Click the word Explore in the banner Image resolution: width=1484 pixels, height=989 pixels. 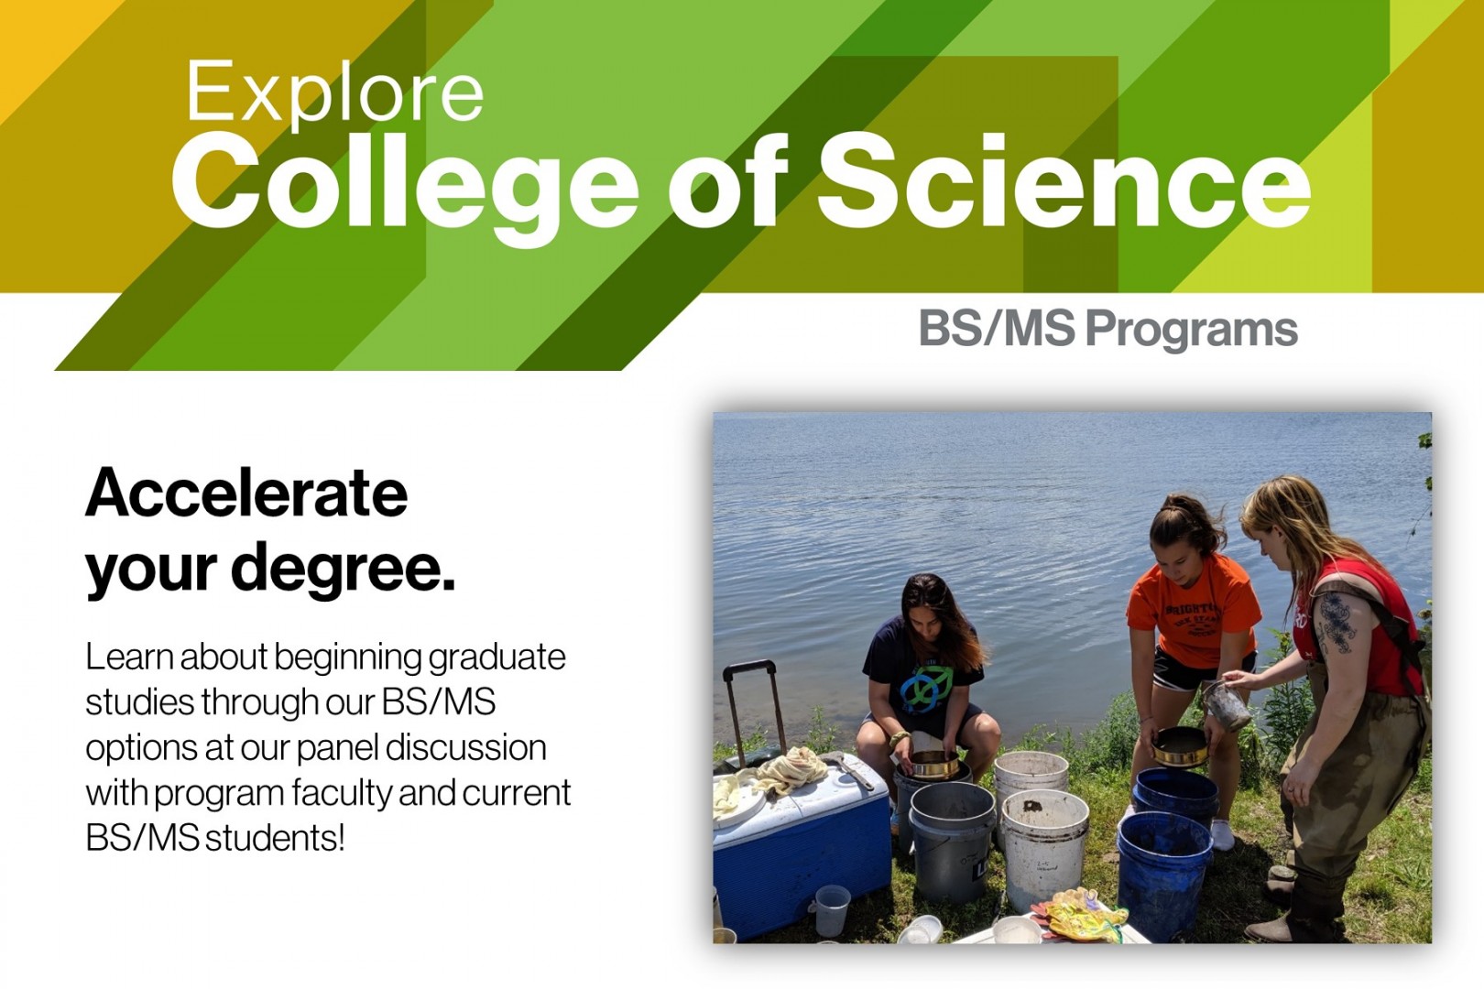click(x=334, y=92)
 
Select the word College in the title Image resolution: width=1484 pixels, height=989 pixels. click(x=403, y=183)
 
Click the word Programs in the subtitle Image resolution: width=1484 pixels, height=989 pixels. click(x=1191, y=330)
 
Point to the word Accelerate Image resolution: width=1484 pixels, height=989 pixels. click(x=246, y=493)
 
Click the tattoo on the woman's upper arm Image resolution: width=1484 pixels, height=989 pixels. click(x=1335, y=623)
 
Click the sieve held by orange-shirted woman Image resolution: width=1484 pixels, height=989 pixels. click(x=1180, y=746)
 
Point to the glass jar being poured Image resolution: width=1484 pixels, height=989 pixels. click(x=1226, y=705)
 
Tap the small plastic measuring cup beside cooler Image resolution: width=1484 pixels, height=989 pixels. click(x=832, y=909)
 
